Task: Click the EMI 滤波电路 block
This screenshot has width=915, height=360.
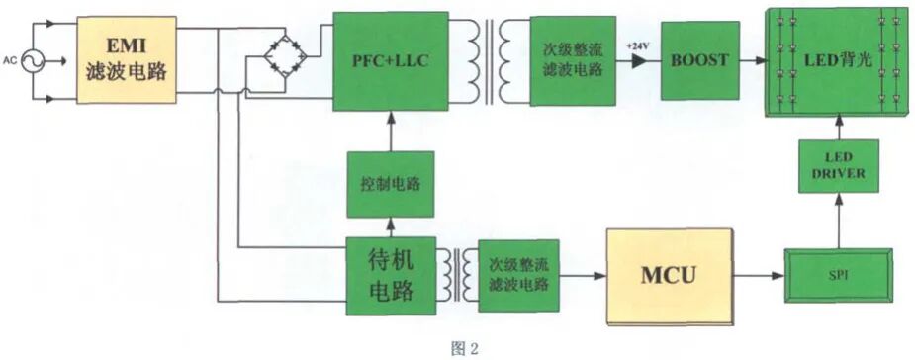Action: (x=127, y=59)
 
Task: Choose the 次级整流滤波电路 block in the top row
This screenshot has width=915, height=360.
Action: (x=573, y=60)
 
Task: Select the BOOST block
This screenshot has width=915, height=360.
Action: (x=698, y=60)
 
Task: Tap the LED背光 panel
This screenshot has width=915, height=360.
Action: (x=838, y=61)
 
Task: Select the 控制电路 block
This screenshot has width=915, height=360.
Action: (x=389, y=184)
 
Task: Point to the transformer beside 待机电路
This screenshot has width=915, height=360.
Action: (x=456, y=272)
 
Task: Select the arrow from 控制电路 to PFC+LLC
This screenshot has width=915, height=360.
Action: (x=389, y=130)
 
